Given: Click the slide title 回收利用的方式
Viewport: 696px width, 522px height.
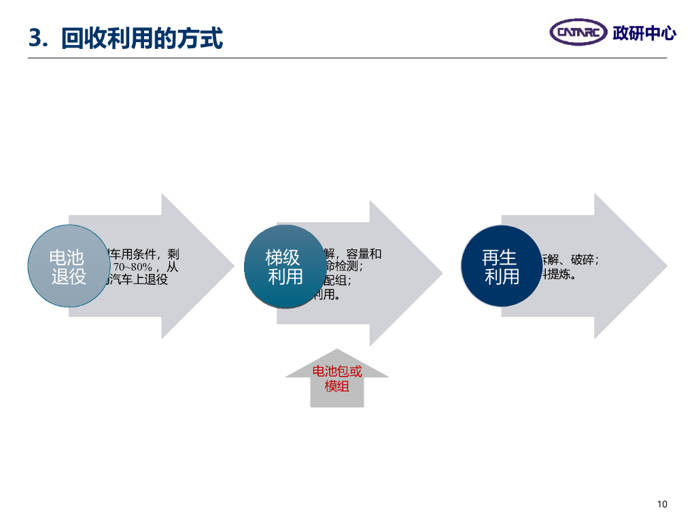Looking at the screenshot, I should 141,39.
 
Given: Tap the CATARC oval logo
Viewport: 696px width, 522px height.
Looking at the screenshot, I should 578,32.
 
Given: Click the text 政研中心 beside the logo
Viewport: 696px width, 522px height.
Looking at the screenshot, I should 644,33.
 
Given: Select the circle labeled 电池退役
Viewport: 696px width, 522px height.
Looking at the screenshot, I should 69,266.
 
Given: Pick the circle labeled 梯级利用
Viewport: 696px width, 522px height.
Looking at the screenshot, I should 285,266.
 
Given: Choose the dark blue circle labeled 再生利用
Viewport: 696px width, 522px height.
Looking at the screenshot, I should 501,266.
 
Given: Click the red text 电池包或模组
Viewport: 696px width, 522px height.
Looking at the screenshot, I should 337,379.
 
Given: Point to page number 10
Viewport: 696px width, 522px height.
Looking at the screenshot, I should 663,504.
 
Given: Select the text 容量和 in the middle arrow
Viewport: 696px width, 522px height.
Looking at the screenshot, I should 364,254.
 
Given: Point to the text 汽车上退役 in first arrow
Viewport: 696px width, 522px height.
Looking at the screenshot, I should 139,279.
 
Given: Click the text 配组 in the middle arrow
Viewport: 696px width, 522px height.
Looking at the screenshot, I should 336,281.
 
